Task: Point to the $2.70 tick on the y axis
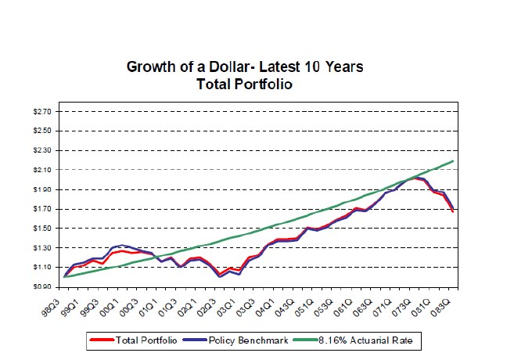pos(43,112)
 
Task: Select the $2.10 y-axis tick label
pos(43,170)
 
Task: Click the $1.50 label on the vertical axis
pos(43,229)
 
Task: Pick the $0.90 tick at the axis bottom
pos(43,286)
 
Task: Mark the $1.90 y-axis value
pos(43,189)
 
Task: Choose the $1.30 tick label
pos(43,248)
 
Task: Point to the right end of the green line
pos(453,161)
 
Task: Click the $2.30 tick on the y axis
pos(43,150)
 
